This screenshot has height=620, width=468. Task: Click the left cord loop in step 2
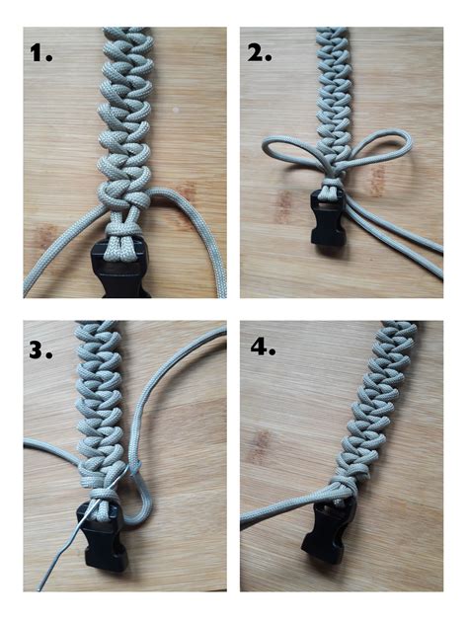pos(286,148)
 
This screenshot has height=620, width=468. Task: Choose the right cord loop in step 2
pos(380,148)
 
